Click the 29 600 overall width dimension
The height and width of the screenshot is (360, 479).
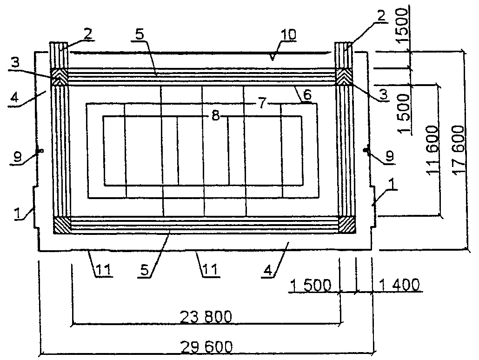[x=206, y=347]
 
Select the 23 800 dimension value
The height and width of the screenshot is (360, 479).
[x=206, y=317]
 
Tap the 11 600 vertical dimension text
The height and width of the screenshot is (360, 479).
[x=433, y=150]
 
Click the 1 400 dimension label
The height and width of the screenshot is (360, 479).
[x=399, y=285]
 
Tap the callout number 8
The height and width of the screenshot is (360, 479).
[x=215, y=116]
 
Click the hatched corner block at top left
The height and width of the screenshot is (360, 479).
[x=59, y=76]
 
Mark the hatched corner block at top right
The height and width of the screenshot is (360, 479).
[x=344, y=76]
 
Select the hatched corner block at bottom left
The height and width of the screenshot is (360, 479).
[x=62, y=225]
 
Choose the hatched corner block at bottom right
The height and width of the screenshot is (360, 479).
[x=347, y=225]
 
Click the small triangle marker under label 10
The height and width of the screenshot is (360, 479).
[x=273, y=57]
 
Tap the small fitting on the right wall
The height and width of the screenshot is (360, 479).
[x=366, y=150]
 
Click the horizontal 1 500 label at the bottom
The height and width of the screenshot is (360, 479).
[x=310, y=286]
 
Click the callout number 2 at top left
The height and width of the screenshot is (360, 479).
[x=88, y=34]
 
